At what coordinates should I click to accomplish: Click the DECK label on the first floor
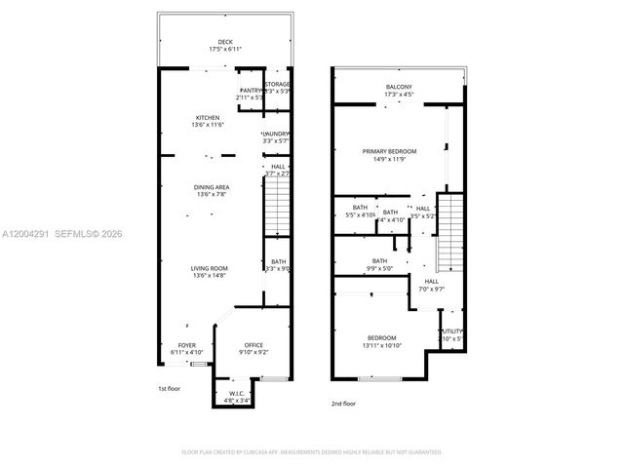point(224,42)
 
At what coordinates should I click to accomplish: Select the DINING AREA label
point(210,186)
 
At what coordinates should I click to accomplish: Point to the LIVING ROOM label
point(210,268)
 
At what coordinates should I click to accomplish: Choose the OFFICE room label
point(253,345)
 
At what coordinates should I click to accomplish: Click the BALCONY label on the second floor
point(400,88)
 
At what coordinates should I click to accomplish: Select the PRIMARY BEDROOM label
point(389,151)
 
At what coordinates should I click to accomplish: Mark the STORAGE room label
point(278,84)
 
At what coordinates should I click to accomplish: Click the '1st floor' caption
point(171,389)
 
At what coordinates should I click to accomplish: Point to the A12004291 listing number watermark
point(25,233)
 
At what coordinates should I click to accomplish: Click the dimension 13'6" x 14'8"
point(210,276)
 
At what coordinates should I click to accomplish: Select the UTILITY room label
point(453,331)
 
